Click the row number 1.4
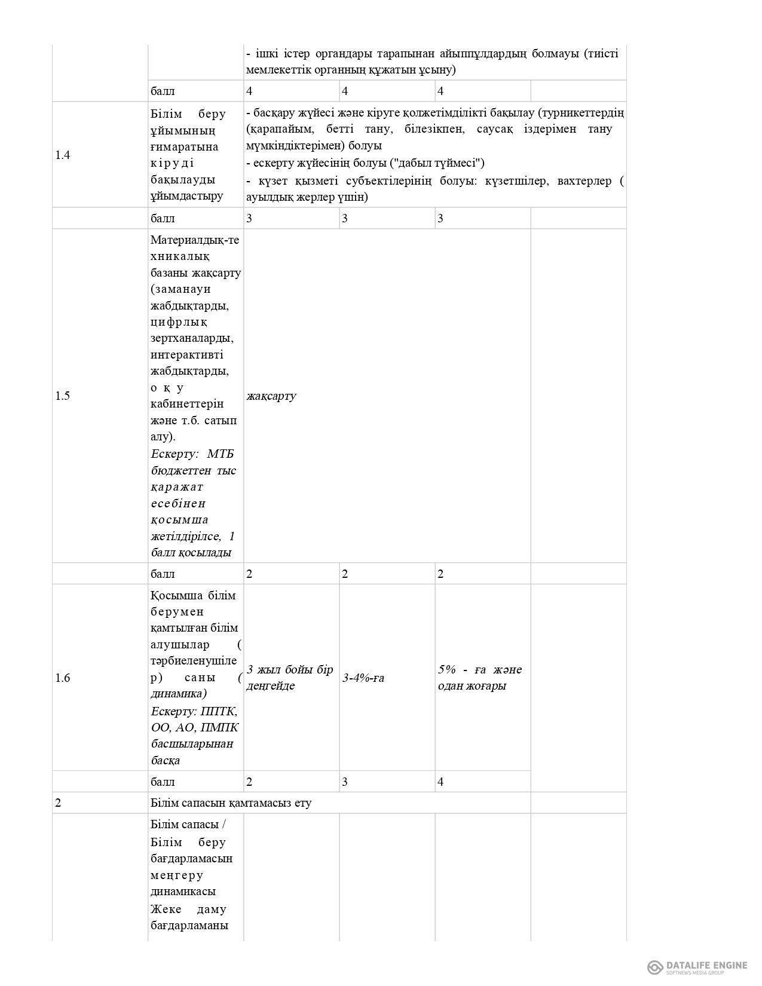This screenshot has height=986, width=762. [x=63, y=155]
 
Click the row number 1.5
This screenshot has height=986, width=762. [x=63, y=396]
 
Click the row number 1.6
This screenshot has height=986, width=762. [x=63, y=678]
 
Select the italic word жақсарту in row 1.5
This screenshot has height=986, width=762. [x=271, y=396]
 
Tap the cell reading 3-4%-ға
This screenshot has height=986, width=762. [x=363, y=678]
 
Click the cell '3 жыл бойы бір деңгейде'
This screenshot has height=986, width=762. [x=290, y=678]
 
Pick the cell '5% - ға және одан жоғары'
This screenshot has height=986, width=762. [x=480, y=678]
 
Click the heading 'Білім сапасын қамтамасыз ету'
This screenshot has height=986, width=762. [x=231, y=803]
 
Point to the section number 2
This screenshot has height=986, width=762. [x=58, y=803]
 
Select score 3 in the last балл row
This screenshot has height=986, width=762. [x=345, y=782]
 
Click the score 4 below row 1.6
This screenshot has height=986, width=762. [x=441, y=782]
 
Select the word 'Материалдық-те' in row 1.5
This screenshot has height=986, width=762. [x=195, y=240]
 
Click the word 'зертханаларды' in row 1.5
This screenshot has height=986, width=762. [x=192, y=338]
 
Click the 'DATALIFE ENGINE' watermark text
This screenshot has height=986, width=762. [x=706, y=964]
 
